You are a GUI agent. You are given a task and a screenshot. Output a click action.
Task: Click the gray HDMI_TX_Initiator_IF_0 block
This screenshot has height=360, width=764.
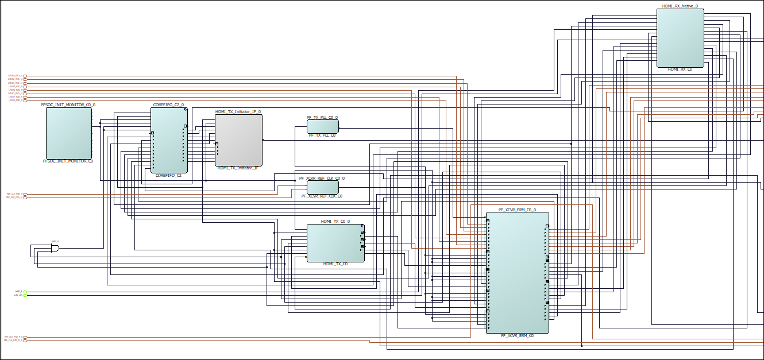(x=238, y=140)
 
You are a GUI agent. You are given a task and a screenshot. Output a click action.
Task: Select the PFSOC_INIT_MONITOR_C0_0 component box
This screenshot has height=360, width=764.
(x=69, y=133)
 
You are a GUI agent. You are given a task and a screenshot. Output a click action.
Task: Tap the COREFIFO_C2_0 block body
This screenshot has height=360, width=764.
(x=169, y=140)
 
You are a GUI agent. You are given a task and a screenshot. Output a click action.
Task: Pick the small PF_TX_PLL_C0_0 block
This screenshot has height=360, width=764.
(x=322, y=126)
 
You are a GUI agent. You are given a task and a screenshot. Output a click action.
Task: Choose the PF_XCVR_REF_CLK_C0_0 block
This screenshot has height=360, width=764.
(x=322, y=187)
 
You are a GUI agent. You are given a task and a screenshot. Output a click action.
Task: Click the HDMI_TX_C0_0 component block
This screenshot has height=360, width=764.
(x=335, y=242)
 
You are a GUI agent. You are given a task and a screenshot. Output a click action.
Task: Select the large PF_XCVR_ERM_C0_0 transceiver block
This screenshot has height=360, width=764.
(x=517, y=272)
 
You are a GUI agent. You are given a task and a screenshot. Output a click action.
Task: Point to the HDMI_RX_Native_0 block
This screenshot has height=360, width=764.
(x=680, y=38)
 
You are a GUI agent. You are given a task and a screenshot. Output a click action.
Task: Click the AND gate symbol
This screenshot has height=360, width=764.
(x=55, y=247)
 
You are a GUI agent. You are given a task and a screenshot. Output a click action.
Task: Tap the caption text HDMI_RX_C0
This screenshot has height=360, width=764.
(x=680, y=69)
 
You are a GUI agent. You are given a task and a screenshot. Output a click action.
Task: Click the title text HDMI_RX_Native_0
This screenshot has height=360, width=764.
(x=680, y=6)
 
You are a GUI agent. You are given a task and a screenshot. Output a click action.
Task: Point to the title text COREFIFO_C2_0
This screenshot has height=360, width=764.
(x=168, y=105)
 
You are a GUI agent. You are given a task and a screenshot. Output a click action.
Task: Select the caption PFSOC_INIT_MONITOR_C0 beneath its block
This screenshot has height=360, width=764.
(x=68, y=161)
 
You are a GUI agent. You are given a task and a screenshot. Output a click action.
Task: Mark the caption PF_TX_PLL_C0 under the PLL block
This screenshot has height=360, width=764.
(x=322, y=136)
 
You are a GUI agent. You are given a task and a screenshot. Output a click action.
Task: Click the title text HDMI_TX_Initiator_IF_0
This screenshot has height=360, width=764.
(x=238, y=112)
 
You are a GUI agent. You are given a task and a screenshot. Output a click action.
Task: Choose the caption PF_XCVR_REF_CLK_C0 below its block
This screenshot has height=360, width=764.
(x=322, y=196)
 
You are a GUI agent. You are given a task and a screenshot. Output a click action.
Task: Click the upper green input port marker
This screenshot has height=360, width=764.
(x=25, y=292)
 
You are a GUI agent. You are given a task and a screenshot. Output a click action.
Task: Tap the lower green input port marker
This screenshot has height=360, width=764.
(x=25, y=295)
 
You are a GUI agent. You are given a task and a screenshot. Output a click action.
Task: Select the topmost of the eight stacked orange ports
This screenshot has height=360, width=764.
(x=25, y=76)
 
